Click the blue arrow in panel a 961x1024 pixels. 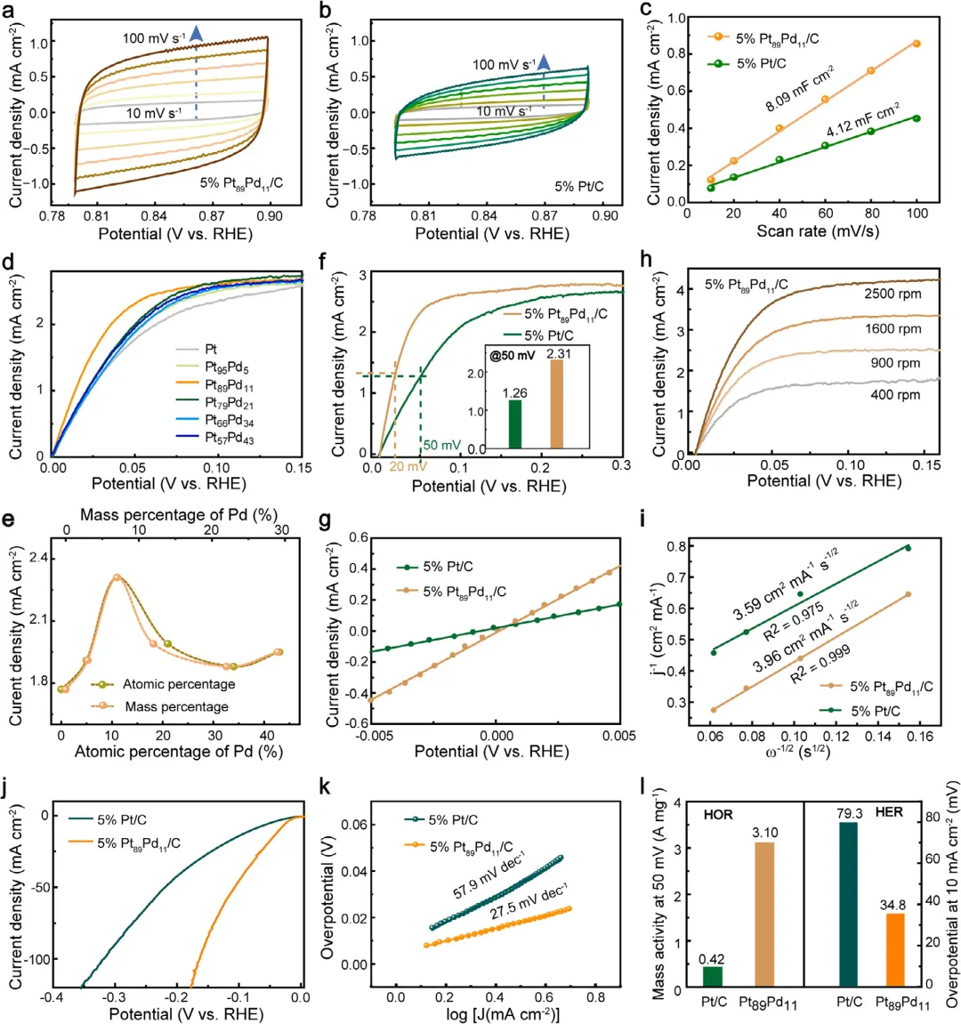(197, 33)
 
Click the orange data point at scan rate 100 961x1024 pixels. (917, 44)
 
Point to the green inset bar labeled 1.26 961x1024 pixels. (490, 424)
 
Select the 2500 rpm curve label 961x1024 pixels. (892, 293)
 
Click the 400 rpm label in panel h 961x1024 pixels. (895, 394)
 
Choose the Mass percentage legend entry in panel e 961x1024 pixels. (176, 706)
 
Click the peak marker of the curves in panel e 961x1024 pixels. (117, 577)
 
